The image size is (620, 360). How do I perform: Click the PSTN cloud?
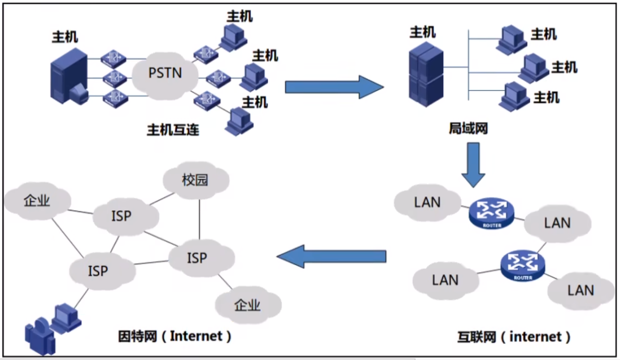coord(165,73)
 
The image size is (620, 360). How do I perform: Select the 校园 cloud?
coord(195,181)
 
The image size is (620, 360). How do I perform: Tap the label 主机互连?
coord(173,130)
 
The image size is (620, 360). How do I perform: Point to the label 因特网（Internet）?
coord(175,336)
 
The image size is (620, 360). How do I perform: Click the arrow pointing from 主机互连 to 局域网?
coord(334,87)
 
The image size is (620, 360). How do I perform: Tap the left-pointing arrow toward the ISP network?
coord(332,256)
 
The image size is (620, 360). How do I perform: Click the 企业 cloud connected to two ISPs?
coord(37,201)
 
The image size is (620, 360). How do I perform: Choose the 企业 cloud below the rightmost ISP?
coord(248,305)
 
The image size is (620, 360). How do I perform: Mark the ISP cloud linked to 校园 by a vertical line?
coord(197,257)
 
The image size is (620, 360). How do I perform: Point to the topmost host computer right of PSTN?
coord(232,36)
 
